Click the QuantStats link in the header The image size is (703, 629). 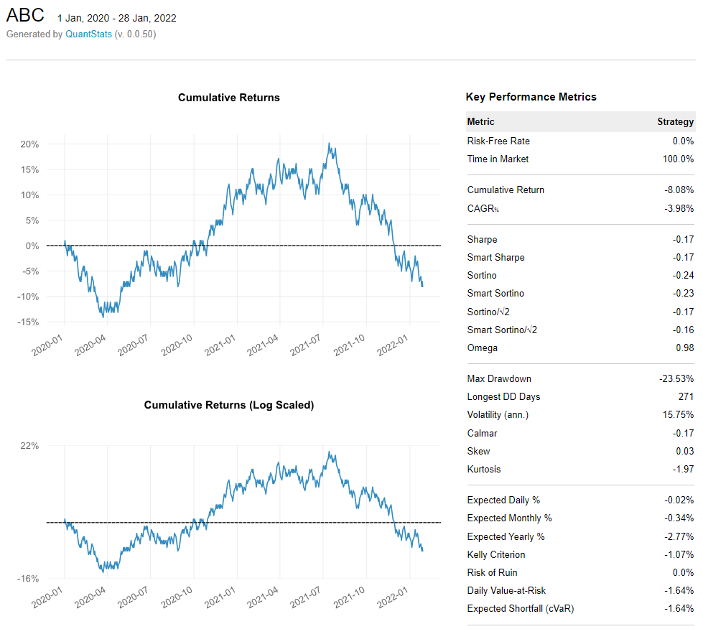coord(88,34)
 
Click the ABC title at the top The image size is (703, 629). coord(25,16)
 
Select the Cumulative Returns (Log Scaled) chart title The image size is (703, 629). coord(229,405)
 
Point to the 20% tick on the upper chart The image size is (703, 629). coord(29,144)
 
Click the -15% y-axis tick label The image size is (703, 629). coord(28,322)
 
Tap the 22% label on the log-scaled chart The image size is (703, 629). coord(29,446)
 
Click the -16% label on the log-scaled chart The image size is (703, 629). coord(28,579)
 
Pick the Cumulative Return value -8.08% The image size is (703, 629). coord(679,190)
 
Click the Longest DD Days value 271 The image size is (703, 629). coord(686,396)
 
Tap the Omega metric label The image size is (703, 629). coord(483,348)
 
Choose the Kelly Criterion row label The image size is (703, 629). coord(496,554)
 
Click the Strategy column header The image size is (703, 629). coord(675,121)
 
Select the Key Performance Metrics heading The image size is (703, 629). coord(531,97)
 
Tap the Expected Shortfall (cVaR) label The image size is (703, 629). coord(521,608)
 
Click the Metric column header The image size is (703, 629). coord(480,121)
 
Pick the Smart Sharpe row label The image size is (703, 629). coord(495,257)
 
